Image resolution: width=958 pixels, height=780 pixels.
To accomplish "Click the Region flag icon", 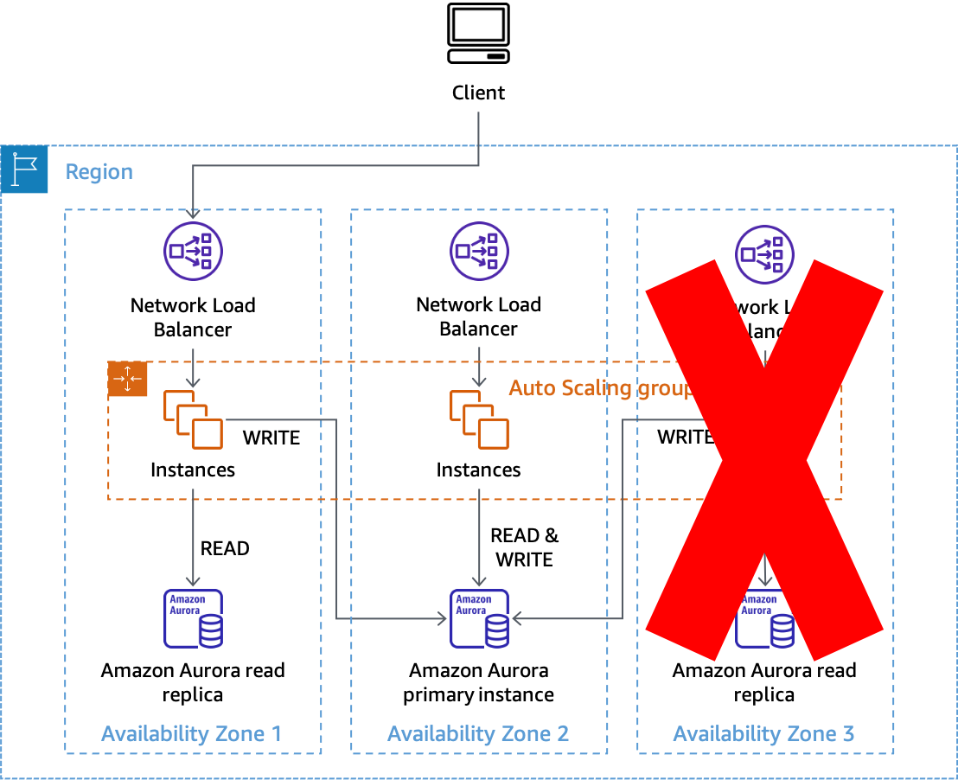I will (24, 169).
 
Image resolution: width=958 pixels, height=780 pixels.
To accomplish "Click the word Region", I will (99, 171).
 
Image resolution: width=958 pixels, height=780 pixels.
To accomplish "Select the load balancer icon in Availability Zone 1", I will (193, 252).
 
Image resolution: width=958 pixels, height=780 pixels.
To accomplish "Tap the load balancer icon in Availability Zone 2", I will (479, 252).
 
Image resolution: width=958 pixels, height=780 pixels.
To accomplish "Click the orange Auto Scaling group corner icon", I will (128, 380).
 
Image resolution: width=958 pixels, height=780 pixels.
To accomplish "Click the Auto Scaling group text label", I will (600, 387).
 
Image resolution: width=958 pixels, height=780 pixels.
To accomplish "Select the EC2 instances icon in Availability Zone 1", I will (193, 419).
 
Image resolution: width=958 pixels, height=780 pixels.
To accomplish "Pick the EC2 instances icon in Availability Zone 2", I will (479, 419).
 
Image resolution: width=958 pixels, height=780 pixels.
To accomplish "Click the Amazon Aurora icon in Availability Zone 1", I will (193, 618).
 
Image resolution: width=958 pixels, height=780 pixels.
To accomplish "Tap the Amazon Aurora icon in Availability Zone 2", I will (479, 618).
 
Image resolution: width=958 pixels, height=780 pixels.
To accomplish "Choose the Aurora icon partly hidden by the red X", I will (764, 619).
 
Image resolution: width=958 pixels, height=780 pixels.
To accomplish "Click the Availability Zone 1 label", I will (192, 733).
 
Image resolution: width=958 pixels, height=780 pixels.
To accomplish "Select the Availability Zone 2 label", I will (478, 733).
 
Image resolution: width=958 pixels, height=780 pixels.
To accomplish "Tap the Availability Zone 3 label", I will (763, 733).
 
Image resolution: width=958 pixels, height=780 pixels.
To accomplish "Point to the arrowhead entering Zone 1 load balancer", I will (193, 213).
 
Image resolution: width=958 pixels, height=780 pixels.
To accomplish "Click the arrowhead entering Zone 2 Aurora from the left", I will (441, 618).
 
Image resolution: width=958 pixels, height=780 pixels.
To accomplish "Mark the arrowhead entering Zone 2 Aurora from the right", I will (517, 618).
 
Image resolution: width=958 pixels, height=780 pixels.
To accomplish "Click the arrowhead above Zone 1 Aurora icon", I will (193, 581).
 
